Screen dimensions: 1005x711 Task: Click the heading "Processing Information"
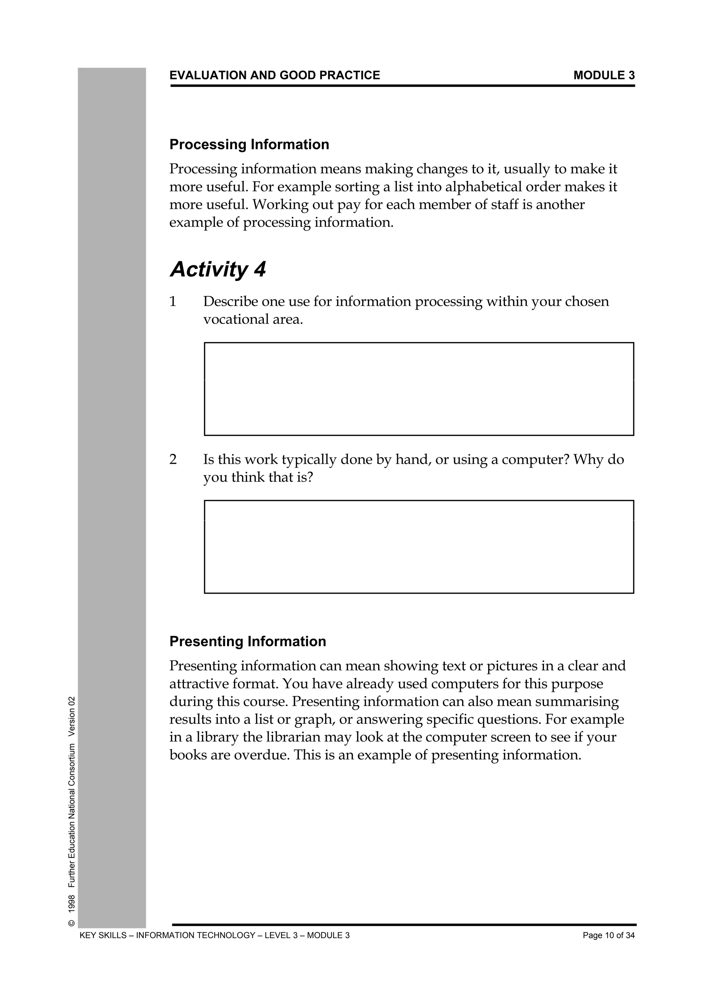pos(249,145)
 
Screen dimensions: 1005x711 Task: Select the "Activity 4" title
pos(218,269)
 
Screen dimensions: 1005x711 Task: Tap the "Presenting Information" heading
pos(248,641)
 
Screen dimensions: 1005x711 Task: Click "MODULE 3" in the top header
pos(604,75)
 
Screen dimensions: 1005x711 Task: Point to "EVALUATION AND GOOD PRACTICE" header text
pos(275,75)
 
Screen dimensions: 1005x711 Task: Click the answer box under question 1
pos(419,389)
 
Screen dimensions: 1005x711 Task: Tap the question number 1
pos(173,302)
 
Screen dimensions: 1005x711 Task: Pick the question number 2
pos(173,459)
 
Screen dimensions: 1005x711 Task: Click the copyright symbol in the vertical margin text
pos(72,923)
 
